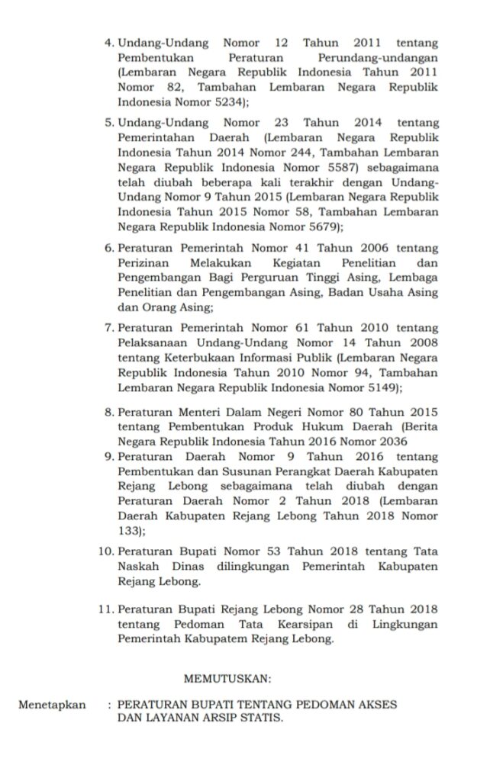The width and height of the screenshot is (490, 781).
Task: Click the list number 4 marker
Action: [x=109, y=43]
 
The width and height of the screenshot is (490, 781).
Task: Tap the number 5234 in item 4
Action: [x=234, y=101]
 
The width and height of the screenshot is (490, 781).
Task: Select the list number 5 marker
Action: [x=109, y=122]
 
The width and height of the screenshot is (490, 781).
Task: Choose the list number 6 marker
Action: [x=109, y=249]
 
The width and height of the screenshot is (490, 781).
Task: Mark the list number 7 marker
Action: [x=109, y=329]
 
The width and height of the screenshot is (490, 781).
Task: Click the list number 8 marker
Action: [x=109, y=413]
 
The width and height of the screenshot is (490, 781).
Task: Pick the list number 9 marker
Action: [x=109, y=457]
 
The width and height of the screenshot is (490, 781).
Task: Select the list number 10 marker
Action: [x=107, y=551]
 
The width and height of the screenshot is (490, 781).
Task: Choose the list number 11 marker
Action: [x=107, y=609]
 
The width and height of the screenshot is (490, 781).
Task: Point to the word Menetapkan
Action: [x=53, y=704]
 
